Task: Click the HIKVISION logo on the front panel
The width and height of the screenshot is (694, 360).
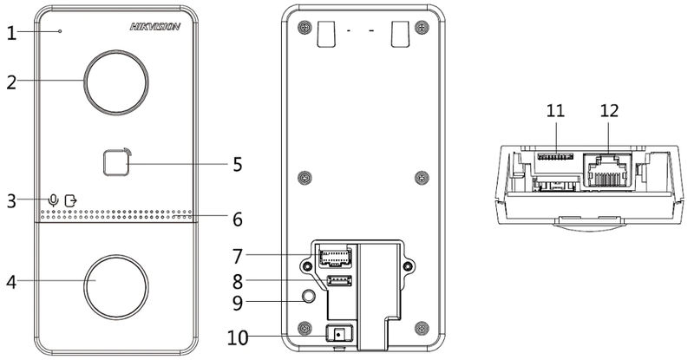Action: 154,27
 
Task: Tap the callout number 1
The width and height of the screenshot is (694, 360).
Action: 10,33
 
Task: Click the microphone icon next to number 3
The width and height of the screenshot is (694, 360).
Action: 54,200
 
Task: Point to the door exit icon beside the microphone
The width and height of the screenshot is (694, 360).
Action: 70,200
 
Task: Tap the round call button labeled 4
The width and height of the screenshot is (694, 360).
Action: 115,282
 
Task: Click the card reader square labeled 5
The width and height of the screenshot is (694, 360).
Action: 113,162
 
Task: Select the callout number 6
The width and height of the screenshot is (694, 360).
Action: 237,219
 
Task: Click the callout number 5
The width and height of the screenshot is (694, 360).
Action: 237,163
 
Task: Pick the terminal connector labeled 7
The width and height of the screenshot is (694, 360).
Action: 333,255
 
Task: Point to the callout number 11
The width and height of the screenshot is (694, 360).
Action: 555,110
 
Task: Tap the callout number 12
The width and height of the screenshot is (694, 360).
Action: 610,110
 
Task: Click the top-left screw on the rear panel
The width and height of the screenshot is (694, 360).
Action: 303,28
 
